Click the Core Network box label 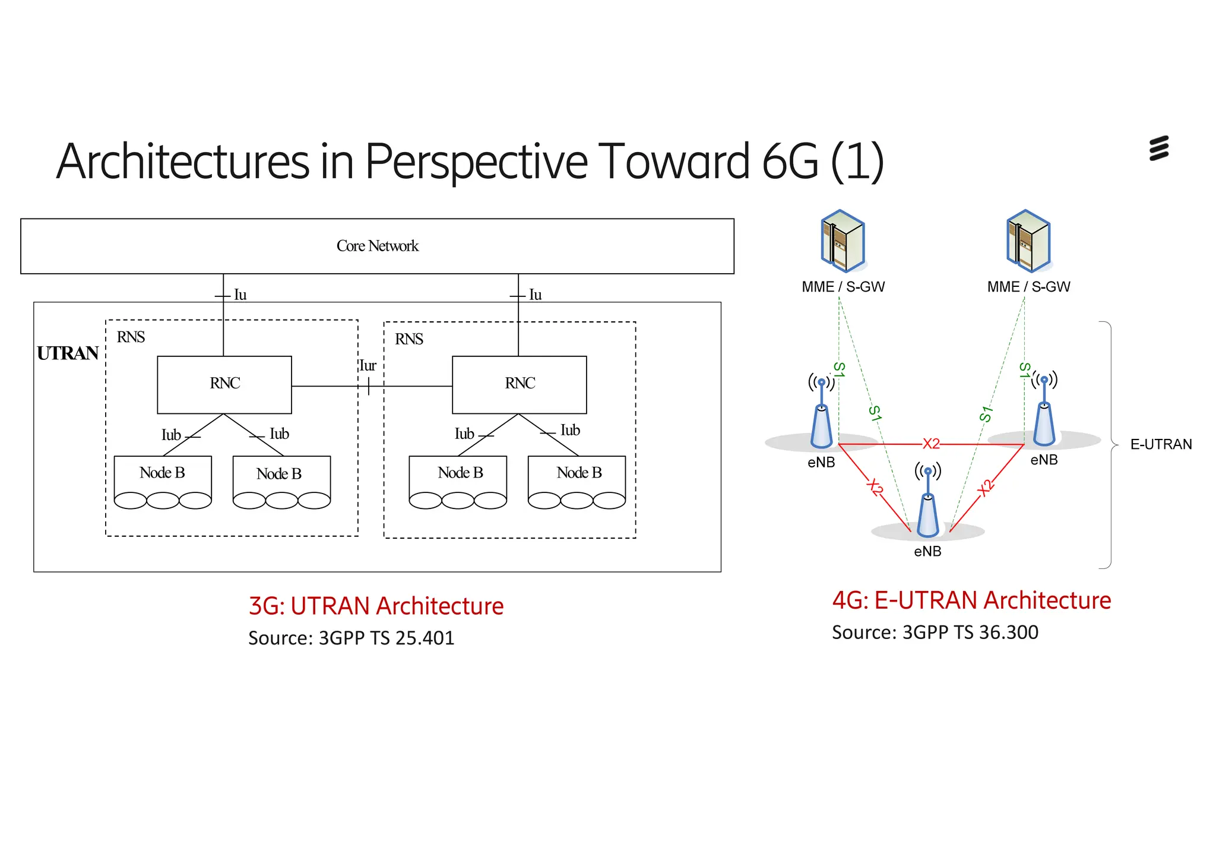(x=377, y=246)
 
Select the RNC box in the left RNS (x=224, y=384)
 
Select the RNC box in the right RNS (x=520, y=384)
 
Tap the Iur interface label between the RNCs (x=368, y=366)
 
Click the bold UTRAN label (x=68, y=353)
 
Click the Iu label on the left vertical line (x=240, y=295)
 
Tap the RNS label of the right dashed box (x=409, y=339)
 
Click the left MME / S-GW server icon (x=843, y=241)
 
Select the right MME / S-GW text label (x=1028, y=287)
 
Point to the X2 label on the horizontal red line (x=931, y=444)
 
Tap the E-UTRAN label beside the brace (x=1161, y=444)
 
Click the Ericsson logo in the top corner (x=1159, y=148)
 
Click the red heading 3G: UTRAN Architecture (x=376, y=606)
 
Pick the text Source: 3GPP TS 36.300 (x=935, y=633)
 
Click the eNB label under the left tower (x=821, y=462)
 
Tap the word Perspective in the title (x=476, y=162)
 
